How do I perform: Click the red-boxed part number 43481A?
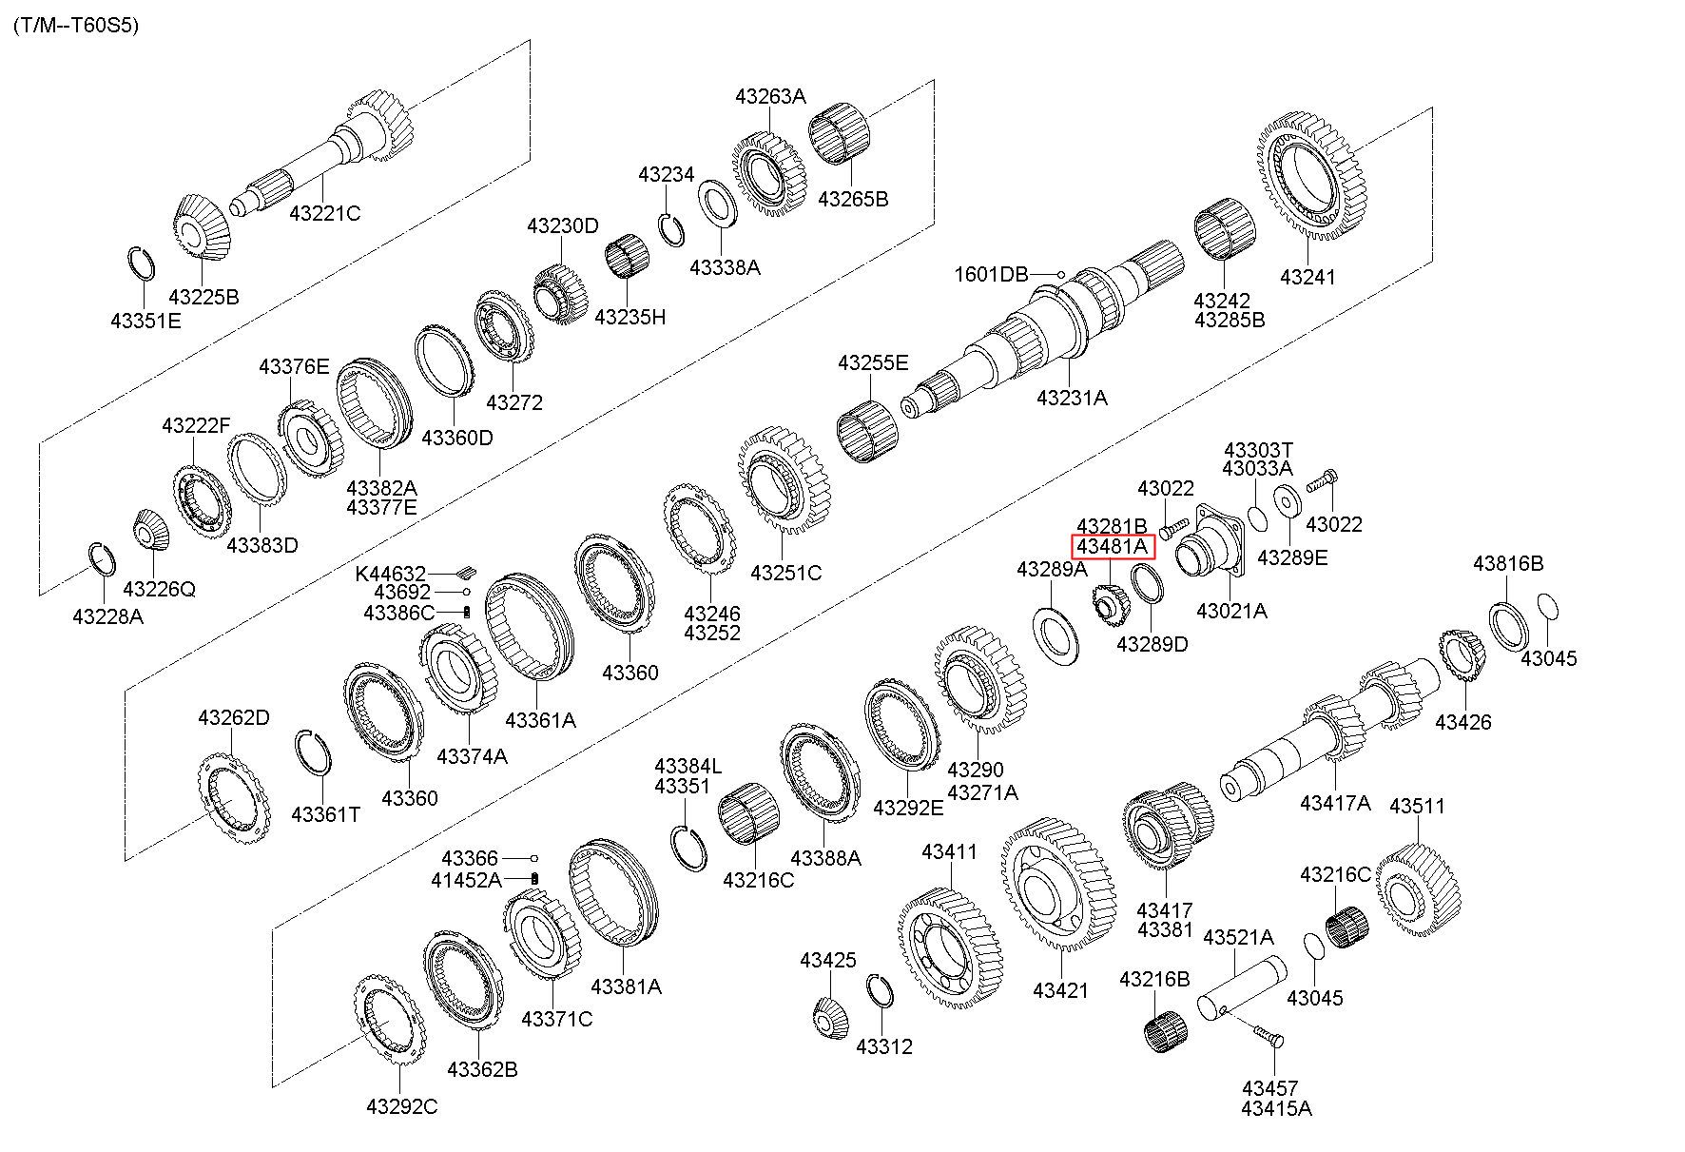tap(1113, 547)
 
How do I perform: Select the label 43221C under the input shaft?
tap(325, 213)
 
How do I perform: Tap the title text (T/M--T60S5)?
tap(76, 26)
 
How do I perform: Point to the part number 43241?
tap(1307, 277)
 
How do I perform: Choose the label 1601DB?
tap(992, 275)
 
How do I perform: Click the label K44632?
tap(391, 574)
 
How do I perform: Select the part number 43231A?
tap(1072, 398)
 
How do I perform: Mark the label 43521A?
tap(1238, 937)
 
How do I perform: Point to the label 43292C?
tap(401, 1106)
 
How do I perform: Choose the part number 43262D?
tap(234, 717)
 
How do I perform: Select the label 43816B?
tap(1508, 563)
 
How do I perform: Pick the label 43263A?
tap(770, 96)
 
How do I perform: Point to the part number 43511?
tap(1417, 806)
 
